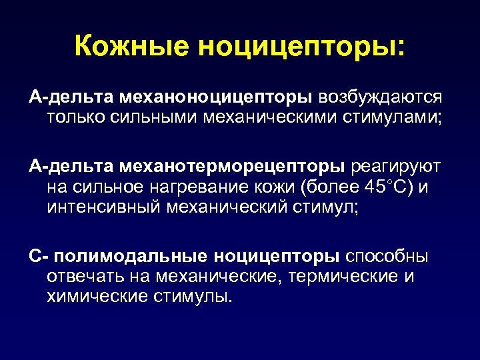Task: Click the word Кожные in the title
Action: pos(131,47)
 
